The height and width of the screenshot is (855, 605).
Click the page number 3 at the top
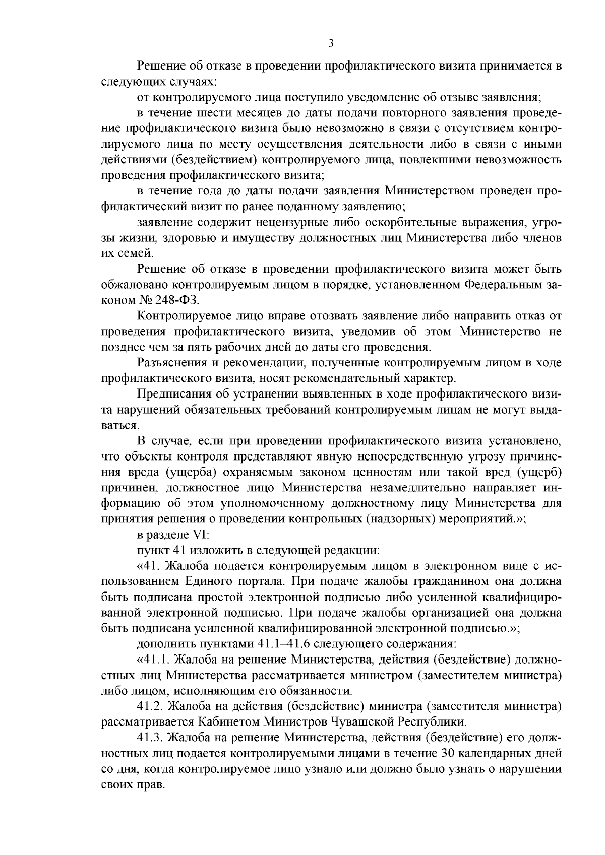coord(331,43)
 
